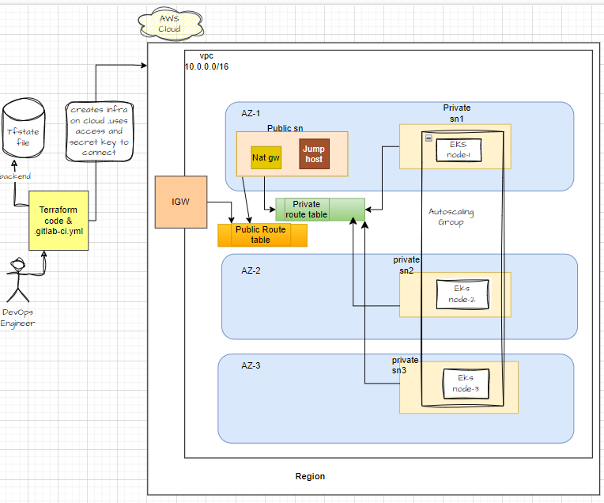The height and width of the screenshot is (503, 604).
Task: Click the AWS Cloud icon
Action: coord(168,24)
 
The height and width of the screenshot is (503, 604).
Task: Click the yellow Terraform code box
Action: coord(59,220)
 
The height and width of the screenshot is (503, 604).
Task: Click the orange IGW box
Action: coord(180,202)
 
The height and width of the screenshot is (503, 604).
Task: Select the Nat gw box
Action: coord(266,158)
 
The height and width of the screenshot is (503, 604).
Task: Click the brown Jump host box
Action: coord(314,154)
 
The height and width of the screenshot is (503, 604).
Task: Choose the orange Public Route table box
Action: coord(262,235)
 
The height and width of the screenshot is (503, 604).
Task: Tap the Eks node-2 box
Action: coord(462,293)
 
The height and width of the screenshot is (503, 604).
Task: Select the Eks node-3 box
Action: coord(466,384)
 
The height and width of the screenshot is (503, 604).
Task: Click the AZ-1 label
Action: coord(251,114)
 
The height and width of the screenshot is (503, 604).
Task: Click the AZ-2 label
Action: coord(251,270)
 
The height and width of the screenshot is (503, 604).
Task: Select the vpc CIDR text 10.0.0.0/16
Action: coord(207,68)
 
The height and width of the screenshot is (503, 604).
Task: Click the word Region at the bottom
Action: coord(310,476)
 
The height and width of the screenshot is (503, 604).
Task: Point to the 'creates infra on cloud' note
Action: coord(99,130)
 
